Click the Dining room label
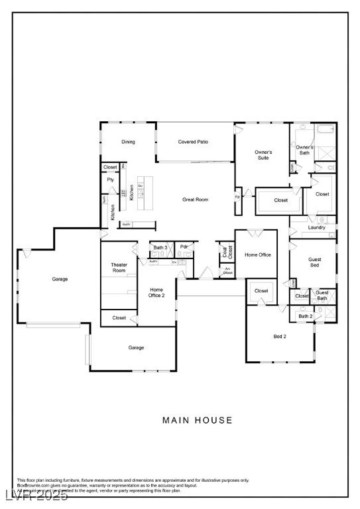[128, 142]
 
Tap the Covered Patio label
[194, 142]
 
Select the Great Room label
[196, 199]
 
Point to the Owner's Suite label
[263, 155]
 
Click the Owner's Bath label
[304, 150]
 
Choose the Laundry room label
[316, 227]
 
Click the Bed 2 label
[280, 337]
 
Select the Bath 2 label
[305, 316]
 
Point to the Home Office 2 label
[157, 292]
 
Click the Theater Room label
[119, 268]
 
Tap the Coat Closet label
[227, 252]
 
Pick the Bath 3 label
[160, 247]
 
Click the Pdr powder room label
[184, 247]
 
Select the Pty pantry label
[110, 180]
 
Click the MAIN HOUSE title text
[198, 420]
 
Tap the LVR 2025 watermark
[34, 496]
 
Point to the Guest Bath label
[322, 296]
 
